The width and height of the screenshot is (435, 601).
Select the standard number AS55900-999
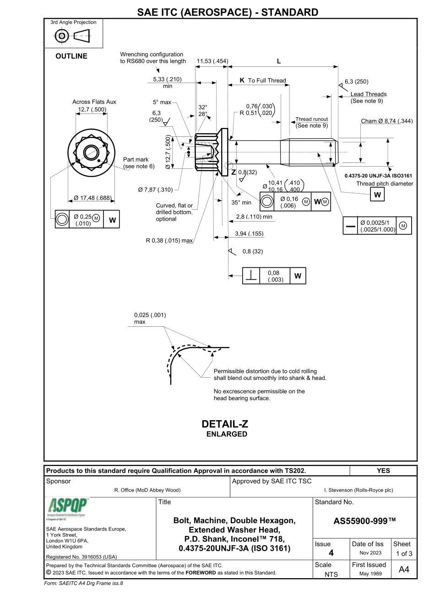[x=364, y=521]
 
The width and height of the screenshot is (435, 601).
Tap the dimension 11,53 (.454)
[x=212, y=61]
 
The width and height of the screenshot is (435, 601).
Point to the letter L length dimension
[x=279, y=61]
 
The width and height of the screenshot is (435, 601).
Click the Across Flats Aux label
[x=94, y=102]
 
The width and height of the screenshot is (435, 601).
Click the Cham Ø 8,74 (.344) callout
[x=387, y=121]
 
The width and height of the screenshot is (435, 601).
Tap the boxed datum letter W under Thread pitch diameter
[x=377, y=195]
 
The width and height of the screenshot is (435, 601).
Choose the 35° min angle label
[x=241, y=202]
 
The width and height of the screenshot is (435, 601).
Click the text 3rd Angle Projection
[x=73, y=22]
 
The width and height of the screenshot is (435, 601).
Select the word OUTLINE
[x=71, y=56]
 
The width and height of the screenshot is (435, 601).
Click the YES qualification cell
[x=383, y=470]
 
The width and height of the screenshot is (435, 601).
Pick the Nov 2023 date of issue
[x=369, y=553]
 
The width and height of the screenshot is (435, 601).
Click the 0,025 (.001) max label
[x=150, y=318]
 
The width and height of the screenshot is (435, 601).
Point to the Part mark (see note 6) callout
[x=136, y=162]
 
